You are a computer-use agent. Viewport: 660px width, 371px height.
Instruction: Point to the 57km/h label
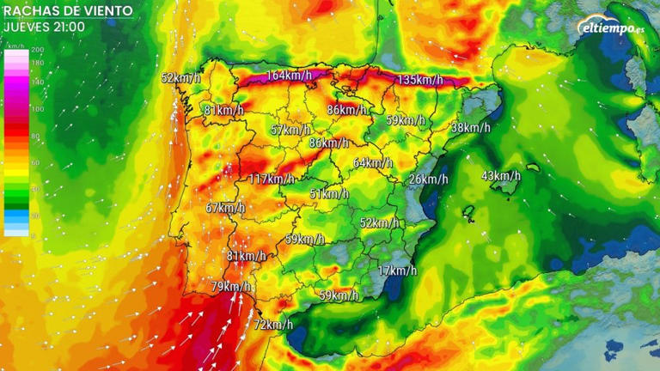[x=290, y=131]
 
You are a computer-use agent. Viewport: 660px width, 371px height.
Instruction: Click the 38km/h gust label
[x=470, y=128]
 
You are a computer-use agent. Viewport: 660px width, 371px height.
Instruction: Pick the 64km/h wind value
[x=373, y=163]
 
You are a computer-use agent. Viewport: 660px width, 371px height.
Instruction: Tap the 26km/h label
[x=428, y=179]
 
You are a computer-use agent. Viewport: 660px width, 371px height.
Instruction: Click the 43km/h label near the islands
[x=500, y=176]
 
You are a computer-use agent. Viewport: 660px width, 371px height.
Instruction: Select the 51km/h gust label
[x=329, y=194]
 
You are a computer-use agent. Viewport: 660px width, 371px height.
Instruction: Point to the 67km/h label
[x=225, y=208]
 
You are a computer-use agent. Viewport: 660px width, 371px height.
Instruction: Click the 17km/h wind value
[x=397, y=271]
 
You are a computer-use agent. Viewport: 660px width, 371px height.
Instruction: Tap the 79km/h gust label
[x=230, y=286]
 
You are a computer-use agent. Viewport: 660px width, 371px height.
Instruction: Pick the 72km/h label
[x=273, y=325]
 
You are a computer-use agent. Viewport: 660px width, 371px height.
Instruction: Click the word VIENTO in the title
[x=104, y=11]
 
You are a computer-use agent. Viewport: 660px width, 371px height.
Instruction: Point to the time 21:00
[x=69, y=27]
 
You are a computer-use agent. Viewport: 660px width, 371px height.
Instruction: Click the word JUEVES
[x=24, y=27]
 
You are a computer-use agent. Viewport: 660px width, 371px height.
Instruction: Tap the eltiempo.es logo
[x=610, y=27]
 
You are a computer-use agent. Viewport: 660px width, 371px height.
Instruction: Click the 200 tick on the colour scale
[x=37, y=51]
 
